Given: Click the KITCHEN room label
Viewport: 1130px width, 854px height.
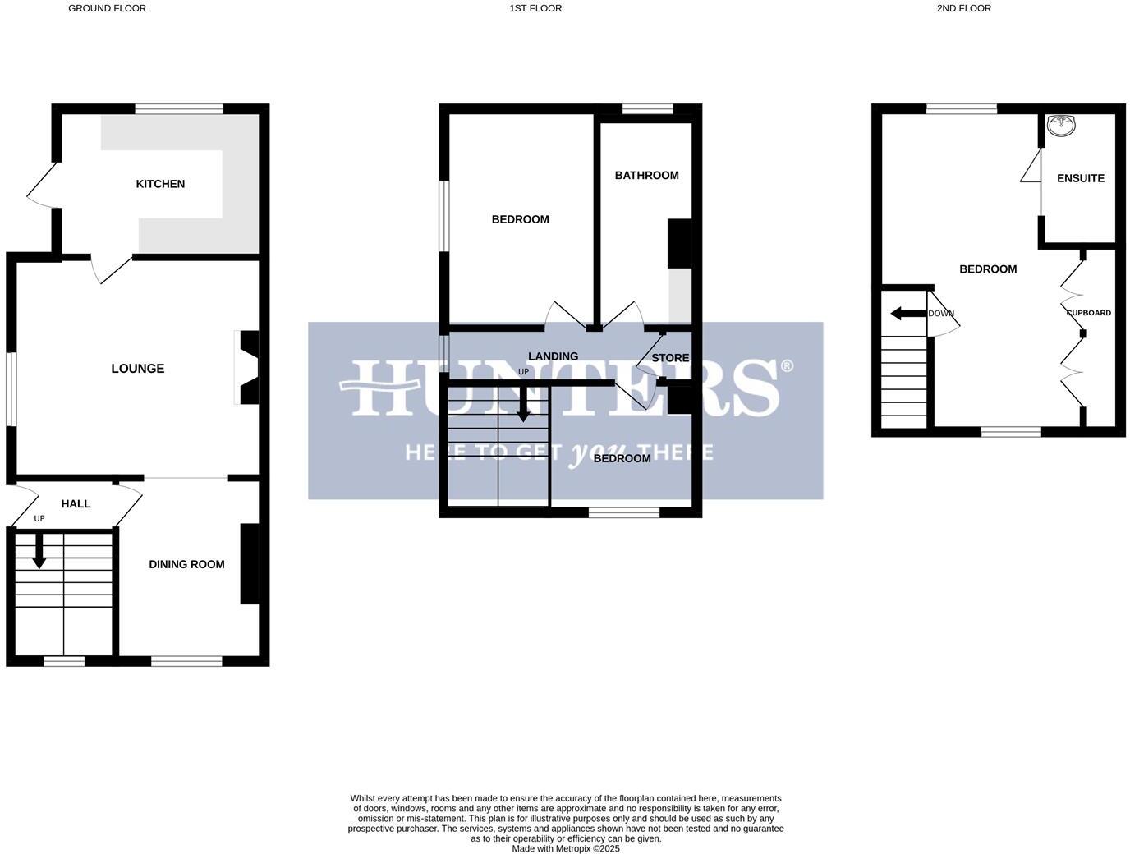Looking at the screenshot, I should pos(160,184).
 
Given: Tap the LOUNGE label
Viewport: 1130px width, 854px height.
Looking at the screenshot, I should pos(138,369).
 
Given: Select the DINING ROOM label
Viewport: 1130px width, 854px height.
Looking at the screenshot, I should pos(186,564).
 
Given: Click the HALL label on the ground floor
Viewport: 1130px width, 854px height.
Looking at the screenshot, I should pos(76,504).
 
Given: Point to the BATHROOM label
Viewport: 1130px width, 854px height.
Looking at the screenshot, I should pos(646,175).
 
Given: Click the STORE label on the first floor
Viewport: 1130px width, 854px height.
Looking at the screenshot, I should pos(670,358).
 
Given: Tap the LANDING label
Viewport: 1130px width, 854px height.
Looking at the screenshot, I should pos(553,356).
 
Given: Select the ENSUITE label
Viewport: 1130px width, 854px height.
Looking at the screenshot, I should pos(1080,178).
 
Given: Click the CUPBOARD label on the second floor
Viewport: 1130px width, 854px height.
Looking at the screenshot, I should pos(1088,313).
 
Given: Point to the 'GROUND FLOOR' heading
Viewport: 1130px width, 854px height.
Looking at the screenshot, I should pos(107,8).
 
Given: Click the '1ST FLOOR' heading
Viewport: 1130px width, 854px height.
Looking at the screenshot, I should pos(535,8).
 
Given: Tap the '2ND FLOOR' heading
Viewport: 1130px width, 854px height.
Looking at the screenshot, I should pos(963,8).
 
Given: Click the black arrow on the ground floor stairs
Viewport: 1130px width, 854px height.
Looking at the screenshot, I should pos(39,552).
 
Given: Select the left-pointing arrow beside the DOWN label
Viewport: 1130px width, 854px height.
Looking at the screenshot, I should pos(907,313).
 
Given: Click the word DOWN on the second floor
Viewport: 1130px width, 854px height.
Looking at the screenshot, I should pos(941,314).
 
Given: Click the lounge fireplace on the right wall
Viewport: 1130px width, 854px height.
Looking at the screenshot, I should pos(247,368).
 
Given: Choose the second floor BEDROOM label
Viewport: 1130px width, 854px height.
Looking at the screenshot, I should pos(988,269).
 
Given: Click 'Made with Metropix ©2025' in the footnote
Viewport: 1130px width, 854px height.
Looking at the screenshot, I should pos(566,848).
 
